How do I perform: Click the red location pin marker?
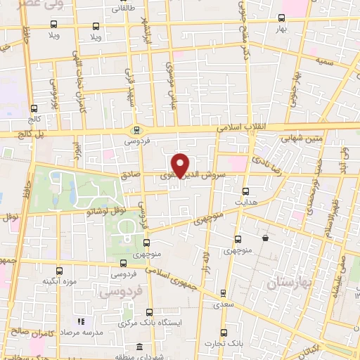tap(181, 164)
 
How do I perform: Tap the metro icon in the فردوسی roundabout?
tap(136, 129)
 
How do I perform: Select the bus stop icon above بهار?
tap(281, 18)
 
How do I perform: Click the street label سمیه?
tap(324, 63)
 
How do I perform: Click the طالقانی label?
tap(121, 10)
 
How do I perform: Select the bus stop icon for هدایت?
tap(245, 191)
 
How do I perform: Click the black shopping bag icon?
tap(265, 238)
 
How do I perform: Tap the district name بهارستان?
tap(289, 283)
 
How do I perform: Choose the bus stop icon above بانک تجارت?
tap(223, 333)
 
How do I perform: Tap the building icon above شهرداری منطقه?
tap(141, 347)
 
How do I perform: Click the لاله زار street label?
tap(206, 254)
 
